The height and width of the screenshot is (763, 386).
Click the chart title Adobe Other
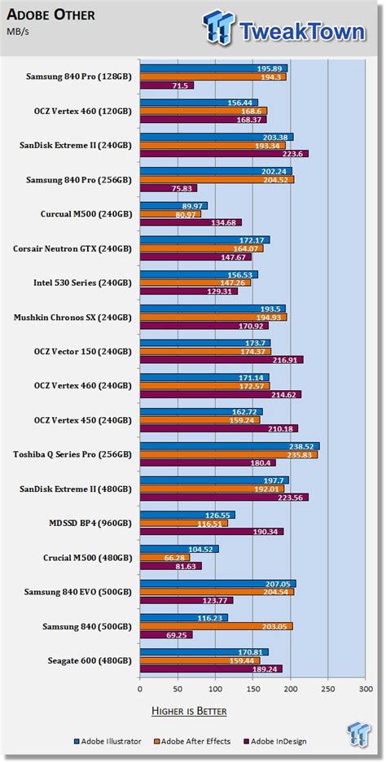click(x=49, y=14)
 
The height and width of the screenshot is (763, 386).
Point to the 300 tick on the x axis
click(x=364, y=690)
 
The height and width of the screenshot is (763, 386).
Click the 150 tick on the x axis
click(x=252, y=690)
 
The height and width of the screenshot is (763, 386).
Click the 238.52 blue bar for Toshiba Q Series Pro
click(x=229, y=446)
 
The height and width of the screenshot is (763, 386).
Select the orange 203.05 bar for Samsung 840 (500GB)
click(x=216, y=625)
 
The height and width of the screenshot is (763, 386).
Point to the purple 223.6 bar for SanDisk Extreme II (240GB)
click(x=223, y=153)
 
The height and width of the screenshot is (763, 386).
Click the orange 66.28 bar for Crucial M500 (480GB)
click(x=164, y=557)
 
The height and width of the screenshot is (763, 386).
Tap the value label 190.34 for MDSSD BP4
click(x=268, y=532)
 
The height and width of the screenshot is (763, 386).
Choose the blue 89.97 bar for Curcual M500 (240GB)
click(x=173, y=206)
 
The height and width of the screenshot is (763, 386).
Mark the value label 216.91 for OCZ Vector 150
click(x=287, y=360)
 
